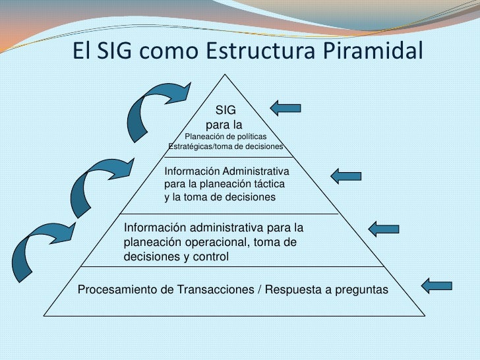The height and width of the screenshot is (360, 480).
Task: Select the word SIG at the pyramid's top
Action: (x=225, y=110)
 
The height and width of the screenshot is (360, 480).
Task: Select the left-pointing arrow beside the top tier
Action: (x=285, y=107)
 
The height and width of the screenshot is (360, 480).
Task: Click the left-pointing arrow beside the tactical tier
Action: (x=345, y=175)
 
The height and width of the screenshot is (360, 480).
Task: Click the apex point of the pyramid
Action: (x=225, y=75)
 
